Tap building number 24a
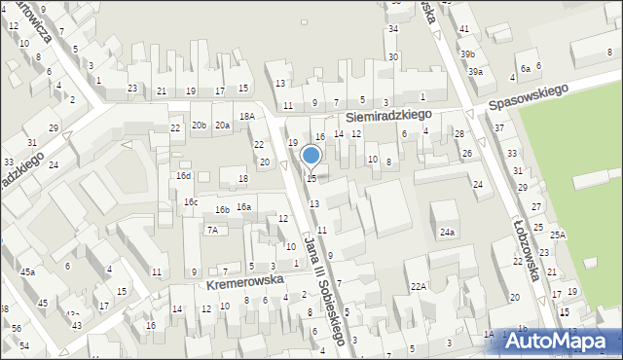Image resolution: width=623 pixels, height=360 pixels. coord(447,233)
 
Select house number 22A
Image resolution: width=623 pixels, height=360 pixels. coord(419,286)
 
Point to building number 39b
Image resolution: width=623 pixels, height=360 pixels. coord(467,54)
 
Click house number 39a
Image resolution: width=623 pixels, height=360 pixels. coord(474,72)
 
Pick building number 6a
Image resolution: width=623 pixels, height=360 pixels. coord(525,68)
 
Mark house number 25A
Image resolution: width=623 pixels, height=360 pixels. coord(557,234)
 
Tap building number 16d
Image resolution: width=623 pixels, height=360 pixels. coord(183,176)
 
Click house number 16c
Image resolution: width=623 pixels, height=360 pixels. coord(191,201)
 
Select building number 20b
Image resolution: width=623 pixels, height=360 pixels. coord(199,125)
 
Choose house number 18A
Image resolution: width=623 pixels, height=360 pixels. coord(247,116)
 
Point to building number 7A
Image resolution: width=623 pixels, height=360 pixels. coord(211,231)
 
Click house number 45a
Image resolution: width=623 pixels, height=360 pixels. coord(27,272)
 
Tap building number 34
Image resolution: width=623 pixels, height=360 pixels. coord(393,29)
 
